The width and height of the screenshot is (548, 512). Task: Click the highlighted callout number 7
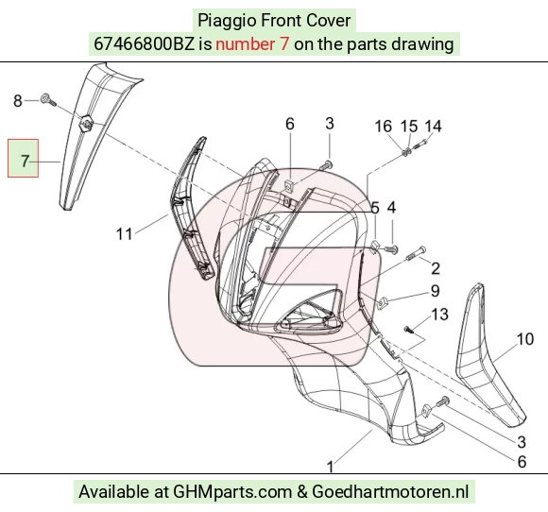[x=25, y=162]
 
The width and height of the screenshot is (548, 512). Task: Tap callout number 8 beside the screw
[x=17, y=101]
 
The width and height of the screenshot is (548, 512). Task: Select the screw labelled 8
[x=48, y=99]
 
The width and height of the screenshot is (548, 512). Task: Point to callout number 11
[x=125, y=234]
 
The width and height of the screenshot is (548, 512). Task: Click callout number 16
[x=383, y=127]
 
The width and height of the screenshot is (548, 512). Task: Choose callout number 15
[x=408, y=127]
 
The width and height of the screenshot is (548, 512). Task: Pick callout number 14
[x=433, y=127]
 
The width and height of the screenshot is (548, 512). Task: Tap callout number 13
[x=439, y=315]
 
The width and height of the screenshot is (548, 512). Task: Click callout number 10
[x=525, y=339]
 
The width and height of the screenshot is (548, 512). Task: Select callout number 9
[x=436, y=291]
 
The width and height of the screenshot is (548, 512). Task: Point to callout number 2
[x=436, y=268]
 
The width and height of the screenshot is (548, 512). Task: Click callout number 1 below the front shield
[x=331, y=467]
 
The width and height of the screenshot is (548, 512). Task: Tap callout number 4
[x=392, y=208]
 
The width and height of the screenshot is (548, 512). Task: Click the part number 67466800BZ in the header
[x=144, y=44]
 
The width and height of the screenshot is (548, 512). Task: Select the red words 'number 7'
[x=252, y=44]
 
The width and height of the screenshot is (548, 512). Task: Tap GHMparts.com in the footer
[x=232, y=492]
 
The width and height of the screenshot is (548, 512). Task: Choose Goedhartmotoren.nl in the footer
[x=390, y=492]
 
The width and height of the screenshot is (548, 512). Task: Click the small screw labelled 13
[x=408, y=330]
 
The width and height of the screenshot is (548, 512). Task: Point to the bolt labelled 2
[x=416, y=254]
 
